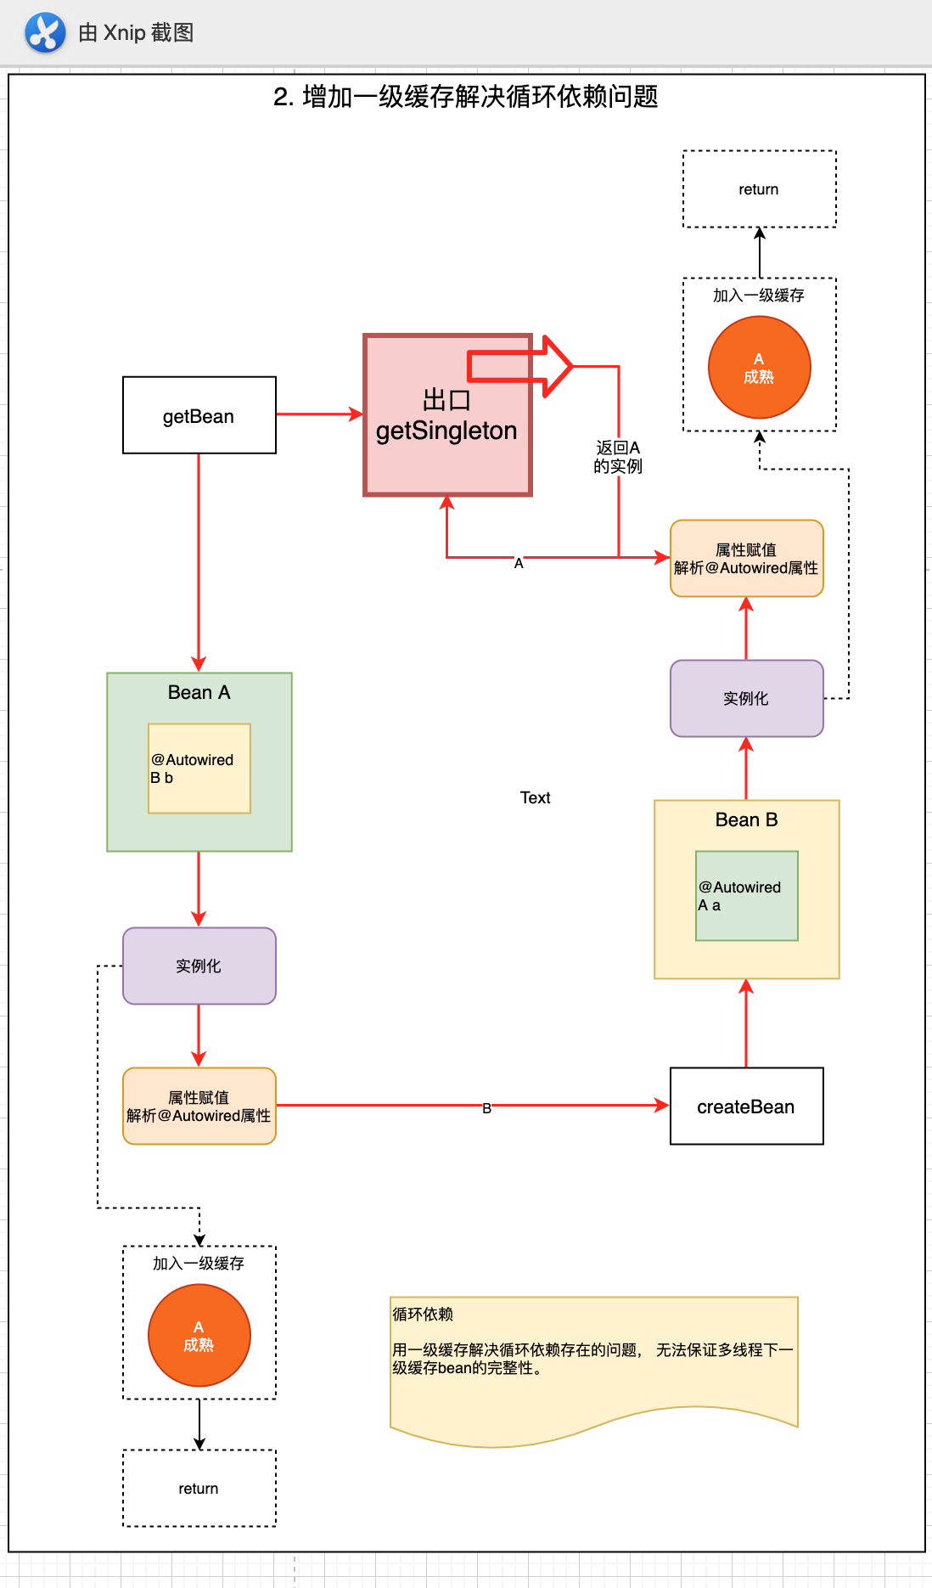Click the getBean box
coord(199,415)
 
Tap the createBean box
coord(746,1107)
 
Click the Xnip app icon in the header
coord(45,33)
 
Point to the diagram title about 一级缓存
coord(465,97)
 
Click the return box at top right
coord(759,189)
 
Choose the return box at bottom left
coord(199,1488)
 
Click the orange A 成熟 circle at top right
coord(759,368)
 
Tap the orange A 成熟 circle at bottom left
coord(199,1336)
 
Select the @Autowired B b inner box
coord(199,769)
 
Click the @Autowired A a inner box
coord(746,896)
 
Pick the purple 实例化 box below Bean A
coord(199,966)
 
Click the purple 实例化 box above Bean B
coord(746,698)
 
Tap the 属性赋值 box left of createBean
coord(199,1106)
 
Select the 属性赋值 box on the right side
coord(746,558)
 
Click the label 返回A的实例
coord(618,457)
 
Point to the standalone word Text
coord(535,797)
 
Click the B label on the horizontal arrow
coord(486,1107)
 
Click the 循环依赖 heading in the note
coord(423,1314)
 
